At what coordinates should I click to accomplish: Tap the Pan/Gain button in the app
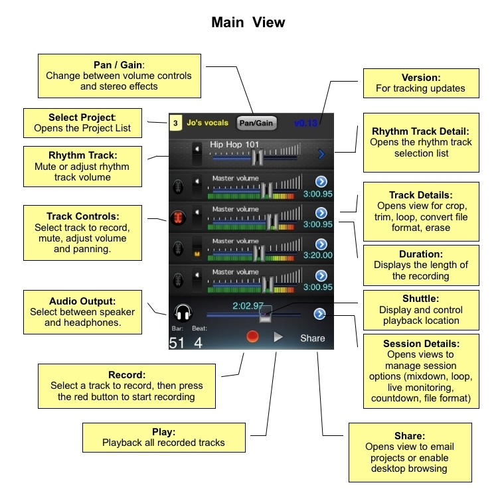tap(256, 123)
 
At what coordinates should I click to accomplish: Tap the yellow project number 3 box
tap(175, 123)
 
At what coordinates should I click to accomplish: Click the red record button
tap(252, 337)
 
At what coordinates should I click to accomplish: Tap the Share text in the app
tap(312, 338)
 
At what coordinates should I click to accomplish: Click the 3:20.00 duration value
tap(317, 254)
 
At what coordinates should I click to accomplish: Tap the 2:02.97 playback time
tap(248, 306)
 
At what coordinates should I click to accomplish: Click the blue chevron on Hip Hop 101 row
tap(321, 155)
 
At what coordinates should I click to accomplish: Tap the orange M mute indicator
tap(196, 253)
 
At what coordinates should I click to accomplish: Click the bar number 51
tap(177, 342)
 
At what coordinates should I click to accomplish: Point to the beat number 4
tap(198, 342)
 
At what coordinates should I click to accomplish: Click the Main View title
tap(248, 22)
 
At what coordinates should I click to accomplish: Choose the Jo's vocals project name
tap(207, 123)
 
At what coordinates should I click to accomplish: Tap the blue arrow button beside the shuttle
tap(320, 314)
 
